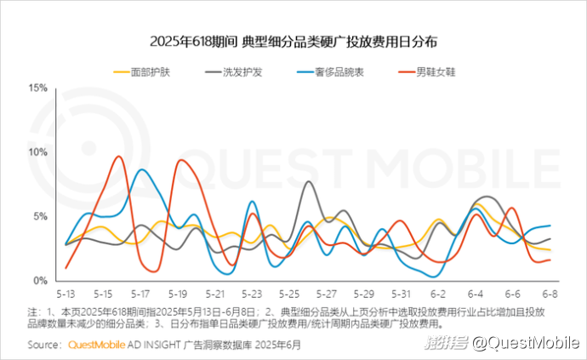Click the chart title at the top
tap(293, 41)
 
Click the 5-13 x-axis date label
tap(66, 294)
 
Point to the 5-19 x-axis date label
tap(177, 294)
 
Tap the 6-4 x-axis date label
tap(476, 294)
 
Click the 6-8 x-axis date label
tap(550, 294)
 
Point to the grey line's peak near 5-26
tap(308, 181)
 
